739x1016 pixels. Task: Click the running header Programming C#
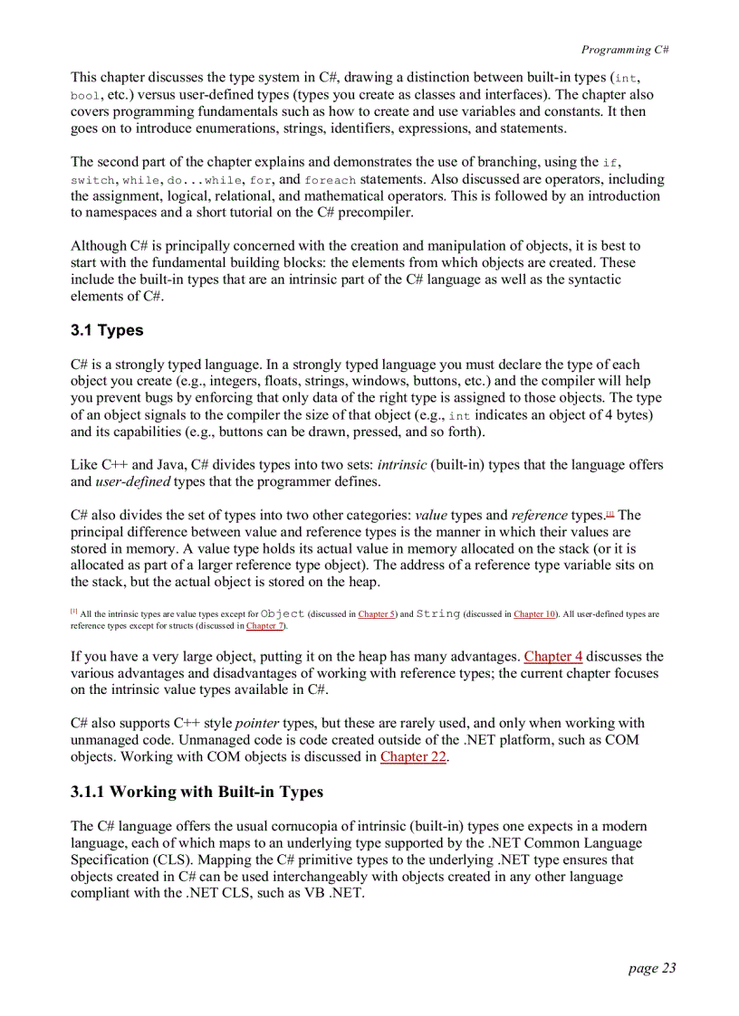[624, 50]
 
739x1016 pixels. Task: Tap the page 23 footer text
[651, 968]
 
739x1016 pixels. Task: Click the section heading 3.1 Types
[107, 330]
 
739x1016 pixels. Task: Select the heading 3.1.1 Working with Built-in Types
[197, 792]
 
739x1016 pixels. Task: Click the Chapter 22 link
[413, 756]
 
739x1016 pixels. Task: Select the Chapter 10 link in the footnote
[534, 614]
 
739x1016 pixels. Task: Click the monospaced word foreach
[331, 180]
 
